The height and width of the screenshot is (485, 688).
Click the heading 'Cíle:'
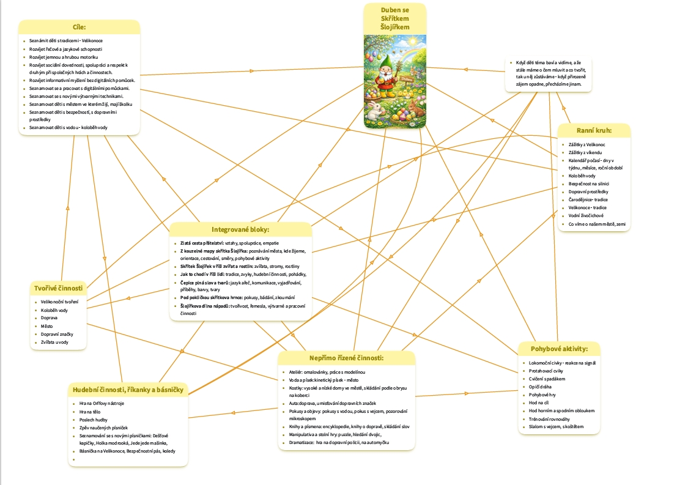click(x=78, y=28)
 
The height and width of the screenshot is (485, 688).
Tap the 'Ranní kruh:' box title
click(x=594, y=131)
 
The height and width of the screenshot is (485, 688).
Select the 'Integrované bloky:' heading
click(x=240, y=230)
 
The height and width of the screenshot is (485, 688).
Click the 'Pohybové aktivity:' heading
click(x=558, y=349)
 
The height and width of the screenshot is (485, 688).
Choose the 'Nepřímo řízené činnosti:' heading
click(x=346, y=358)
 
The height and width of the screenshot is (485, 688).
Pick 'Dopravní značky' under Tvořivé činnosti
click(x=54, y=334)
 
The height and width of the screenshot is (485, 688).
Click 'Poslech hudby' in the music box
click(x=94, y=420)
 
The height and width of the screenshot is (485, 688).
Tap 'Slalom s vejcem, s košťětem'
click(x=557, y=427)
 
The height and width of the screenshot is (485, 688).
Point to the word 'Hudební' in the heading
click(x=87, y=390)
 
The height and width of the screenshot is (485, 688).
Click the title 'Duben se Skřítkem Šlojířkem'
click(x=394, y=18)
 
